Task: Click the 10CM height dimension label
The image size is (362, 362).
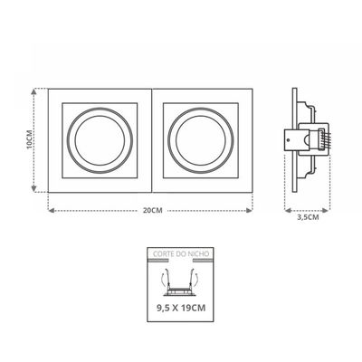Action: (29, 140)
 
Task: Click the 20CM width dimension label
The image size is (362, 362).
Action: (153, 211)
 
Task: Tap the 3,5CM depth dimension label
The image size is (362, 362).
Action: (308, 217)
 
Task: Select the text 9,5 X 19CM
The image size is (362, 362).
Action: (181, 308)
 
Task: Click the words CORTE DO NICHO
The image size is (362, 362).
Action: (181, 253)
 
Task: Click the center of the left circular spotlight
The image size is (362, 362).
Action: (100, 140)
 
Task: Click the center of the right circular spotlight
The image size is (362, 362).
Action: (201, 140)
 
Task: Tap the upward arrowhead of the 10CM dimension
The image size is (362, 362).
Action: (34, 91)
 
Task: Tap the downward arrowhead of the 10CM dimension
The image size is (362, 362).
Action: (34, 189)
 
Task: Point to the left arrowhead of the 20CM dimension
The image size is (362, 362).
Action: (52, 211)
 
